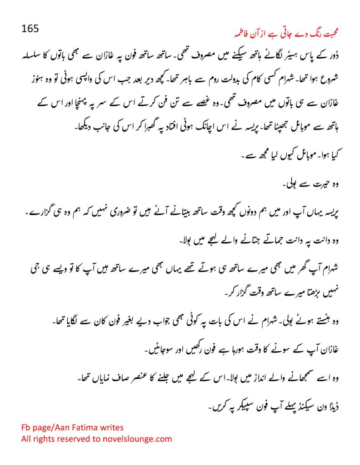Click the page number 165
[30, 28]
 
